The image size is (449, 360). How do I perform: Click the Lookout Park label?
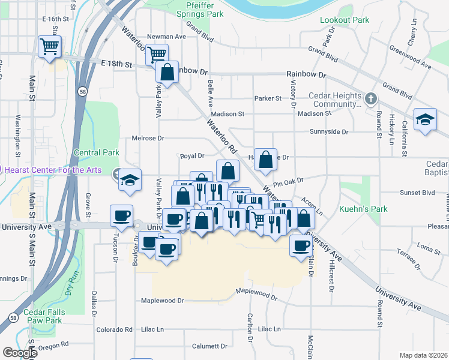[345, 20]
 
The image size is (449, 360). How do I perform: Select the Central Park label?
[96, 153]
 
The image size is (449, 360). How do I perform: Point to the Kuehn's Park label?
[364, 209]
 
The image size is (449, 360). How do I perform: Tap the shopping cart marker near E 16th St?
[49, 46]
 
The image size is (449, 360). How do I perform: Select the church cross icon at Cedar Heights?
[371, 98]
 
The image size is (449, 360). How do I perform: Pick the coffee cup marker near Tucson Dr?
[121, 215]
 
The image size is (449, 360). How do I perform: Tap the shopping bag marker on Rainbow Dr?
[167, 72]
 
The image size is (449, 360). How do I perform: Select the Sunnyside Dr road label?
[329, 131]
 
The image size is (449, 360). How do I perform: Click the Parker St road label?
[268, 98]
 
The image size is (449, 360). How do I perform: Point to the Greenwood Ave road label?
[410, 56]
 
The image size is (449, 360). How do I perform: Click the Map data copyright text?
[423, 355]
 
